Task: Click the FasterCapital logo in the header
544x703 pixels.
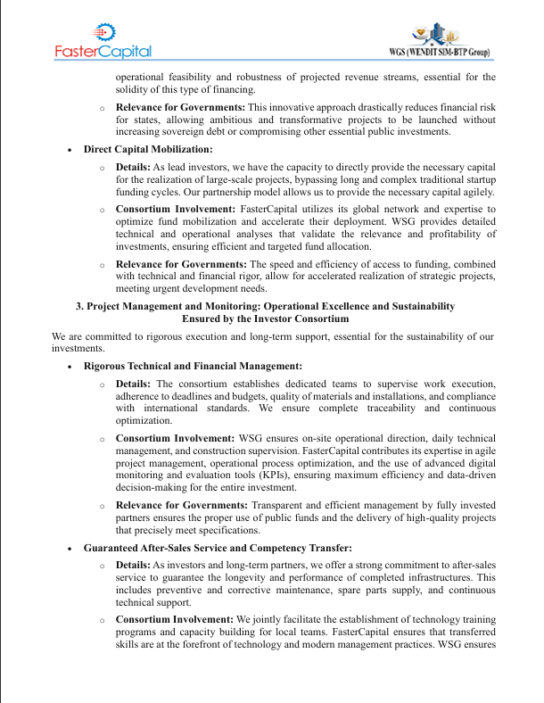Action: click(103, 41)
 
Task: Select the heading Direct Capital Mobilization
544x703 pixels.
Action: click(148, 149)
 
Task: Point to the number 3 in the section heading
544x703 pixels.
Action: click(79, 306)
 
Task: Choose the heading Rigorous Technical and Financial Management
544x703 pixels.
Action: click(193, 366)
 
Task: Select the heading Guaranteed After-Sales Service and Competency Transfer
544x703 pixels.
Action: click(218, 547)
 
